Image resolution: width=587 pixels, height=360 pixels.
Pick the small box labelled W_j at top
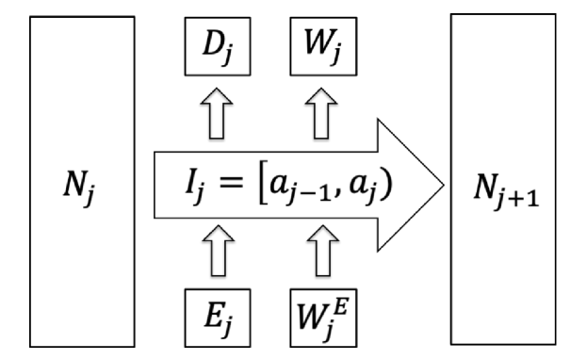[x=318, y=44]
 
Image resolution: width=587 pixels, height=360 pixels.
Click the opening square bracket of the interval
[x=266, y=178]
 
